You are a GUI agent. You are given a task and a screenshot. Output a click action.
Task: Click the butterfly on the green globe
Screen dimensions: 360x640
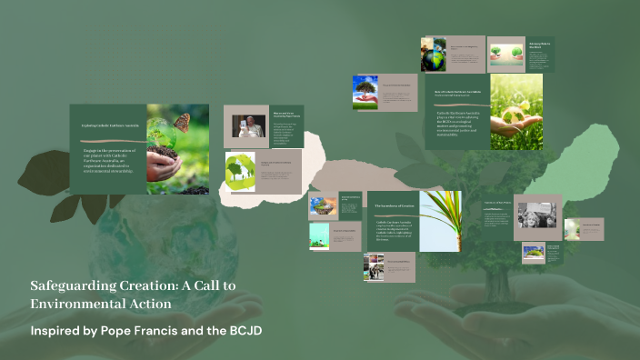point(182,122)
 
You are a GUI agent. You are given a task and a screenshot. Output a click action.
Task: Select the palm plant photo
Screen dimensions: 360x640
point(440,221)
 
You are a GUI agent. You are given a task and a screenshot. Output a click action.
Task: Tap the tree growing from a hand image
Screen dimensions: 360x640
point(365,92)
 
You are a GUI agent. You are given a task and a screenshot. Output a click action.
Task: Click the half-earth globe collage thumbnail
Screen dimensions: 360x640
point(434,55)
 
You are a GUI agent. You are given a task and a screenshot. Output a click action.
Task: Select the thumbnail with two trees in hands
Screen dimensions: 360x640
point(506,53)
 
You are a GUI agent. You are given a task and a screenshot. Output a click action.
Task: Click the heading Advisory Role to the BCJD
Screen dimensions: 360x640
point(541,45)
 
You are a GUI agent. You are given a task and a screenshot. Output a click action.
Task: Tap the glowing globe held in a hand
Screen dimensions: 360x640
point(516,111)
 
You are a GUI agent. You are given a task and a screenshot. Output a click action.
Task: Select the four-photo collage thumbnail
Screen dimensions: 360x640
point(376,265)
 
